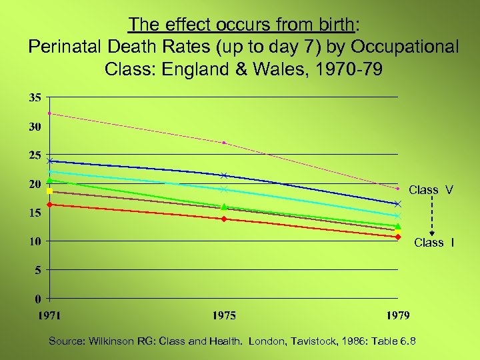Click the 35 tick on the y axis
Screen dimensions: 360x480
pyautogui.click(x=34, y=97)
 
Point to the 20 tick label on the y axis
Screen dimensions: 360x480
pyautogui.click(x=34, y=184)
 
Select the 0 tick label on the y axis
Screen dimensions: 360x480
pyautogui.click(x=37, y=299)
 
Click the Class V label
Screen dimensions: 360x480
pyautogui.click(x=431, y=190)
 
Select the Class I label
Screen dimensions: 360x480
pyautogui.click(x=434, y=243)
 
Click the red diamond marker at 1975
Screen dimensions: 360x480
pyautogui.click(x=224, y=219)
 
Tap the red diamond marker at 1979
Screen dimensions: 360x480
pyautogui.click(x=398, y=237)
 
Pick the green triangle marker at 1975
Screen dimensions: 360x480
pyautogui.click(x=224, y=207)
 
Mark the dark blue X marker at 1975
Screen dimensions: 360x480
pyautogui.click(x=224, y=176)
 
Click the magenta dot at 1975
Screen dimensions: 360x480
pyautogui.click(x=224, y=143)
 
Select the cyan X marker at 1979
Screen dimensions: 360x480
pyautogui.click(x=398, y=216)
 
